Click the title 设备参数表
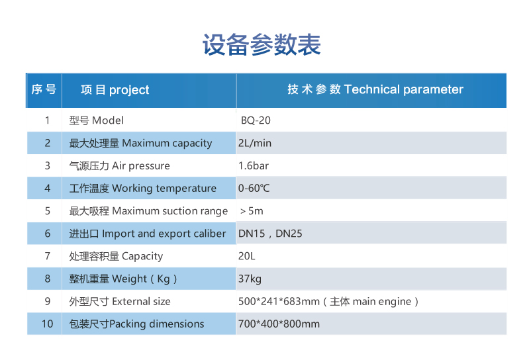tap(262, 44)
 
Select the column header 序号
tap(44, 89)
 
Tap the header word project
tap(129, 90)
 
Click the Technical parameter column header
tap(375, 89)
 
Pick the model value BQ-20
tap(256, 120)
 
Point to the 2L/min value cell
tap(255, 143)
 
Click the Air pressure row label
tap(119, 166)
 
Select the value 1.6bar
tap(254, 165)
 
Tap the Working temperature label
tap(143, 189)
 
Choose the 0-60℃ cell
tap(254, 188)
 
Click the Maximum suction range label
tap(148, 211)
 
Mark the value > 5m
tap(252, 211)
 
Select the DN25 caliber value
tap(289, 233)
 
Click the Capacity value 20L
tap(246, 256)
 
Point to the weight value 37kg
tap(250, 279)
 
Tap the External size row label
tap(120, 301)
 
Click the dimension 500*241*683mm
tap(279, 301)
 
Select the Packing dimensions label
tap(136, 324)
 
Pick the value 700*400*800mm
tap(279, 324)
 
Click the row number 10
tap(47, 324)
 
